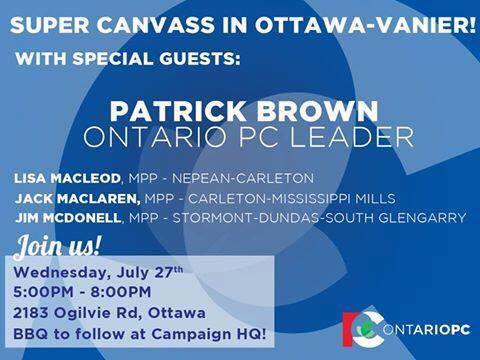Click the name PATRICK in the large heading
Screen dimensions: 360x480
click(164, 108)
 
